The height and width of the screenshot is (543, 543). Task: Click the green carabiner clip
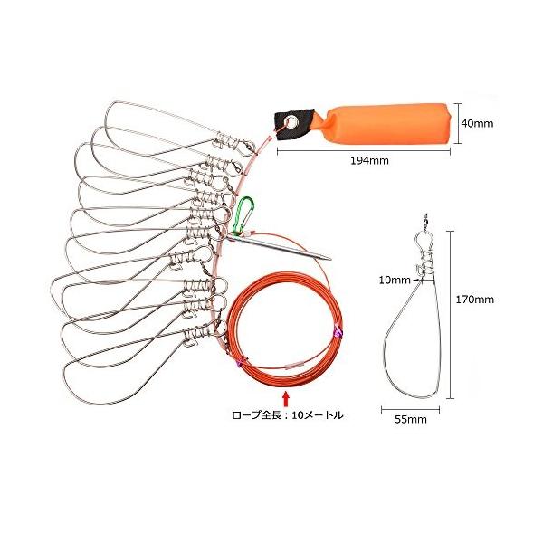pos(243,214)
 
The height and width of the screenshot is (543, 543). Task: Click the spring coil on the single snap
pos(421,263)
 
